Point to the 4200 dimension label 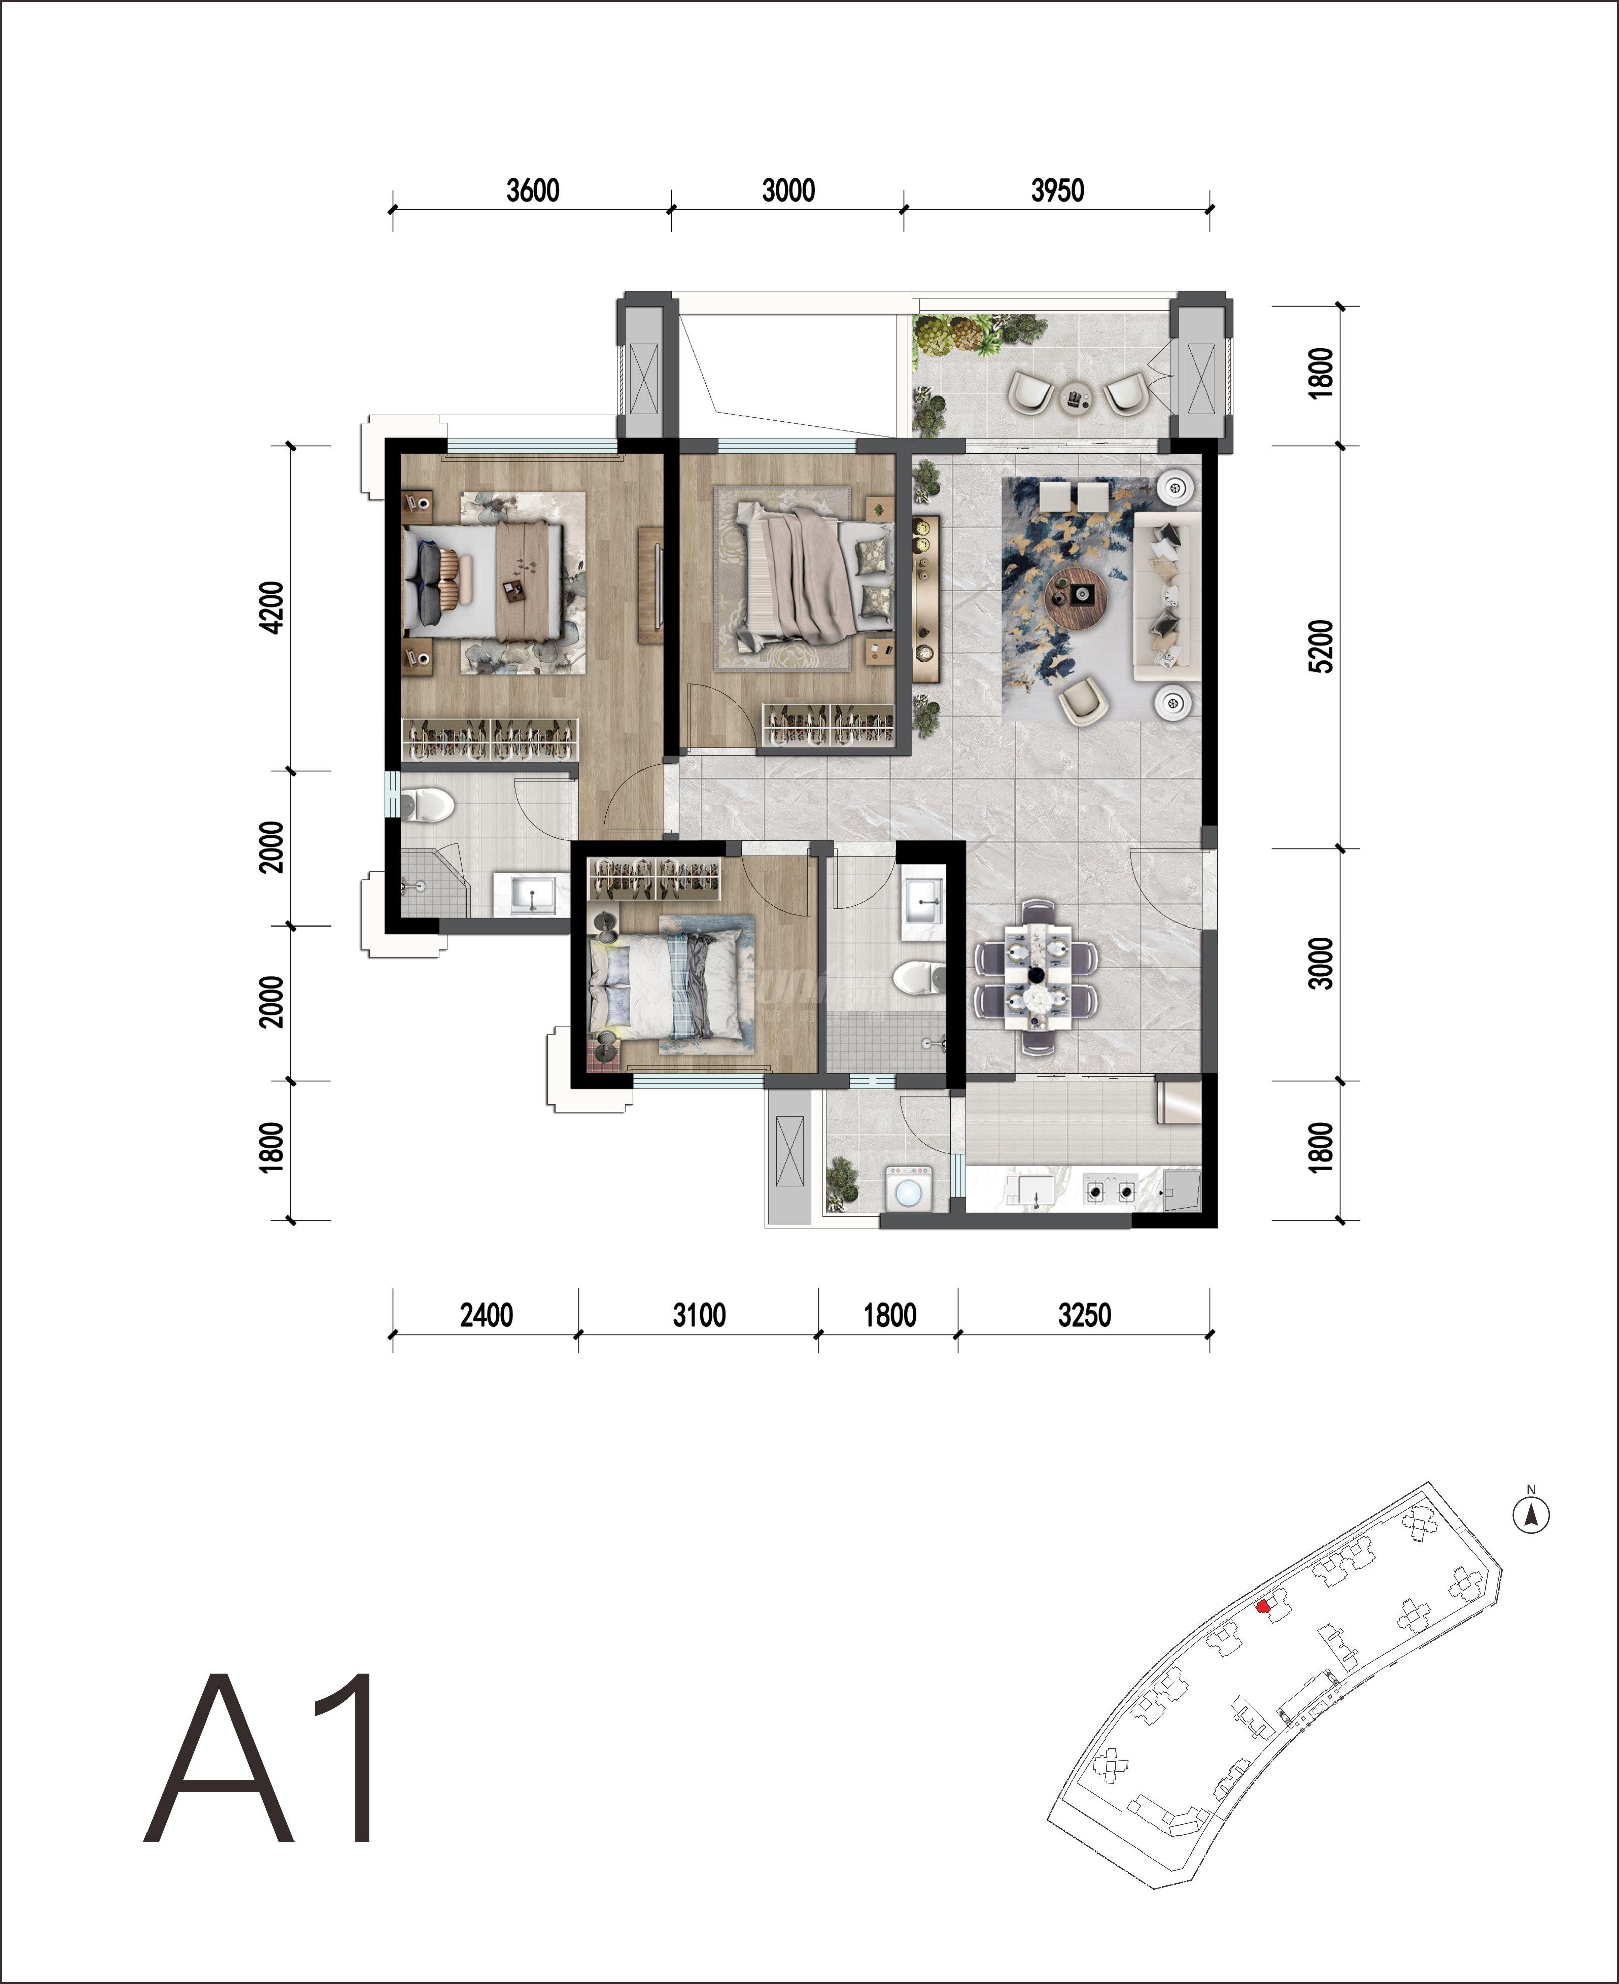tap(271, 607)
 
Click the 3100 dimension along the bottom tap(699, 1315)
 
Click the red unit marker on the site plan tap(1263, 1606)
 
